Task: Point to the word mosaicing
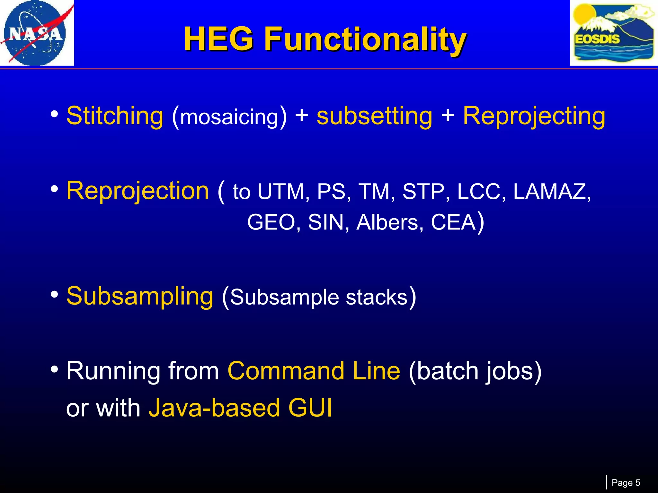pyautogui.click(x=229, y=117)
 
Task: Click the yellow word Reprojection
pyautogui.click(x=138, y=191)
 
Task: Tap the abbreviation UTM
pyautogui.click(x=281, y=192)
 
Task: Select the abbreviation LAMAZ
pyautogui.click(x=551, y=192)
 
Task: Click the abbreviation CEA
pyautogui.click(x=453, y=222)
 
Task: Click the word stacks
pyautogui.click(x=376, y=298)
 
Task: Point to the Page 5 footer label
pyautogui.click(x=626, y=483)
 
